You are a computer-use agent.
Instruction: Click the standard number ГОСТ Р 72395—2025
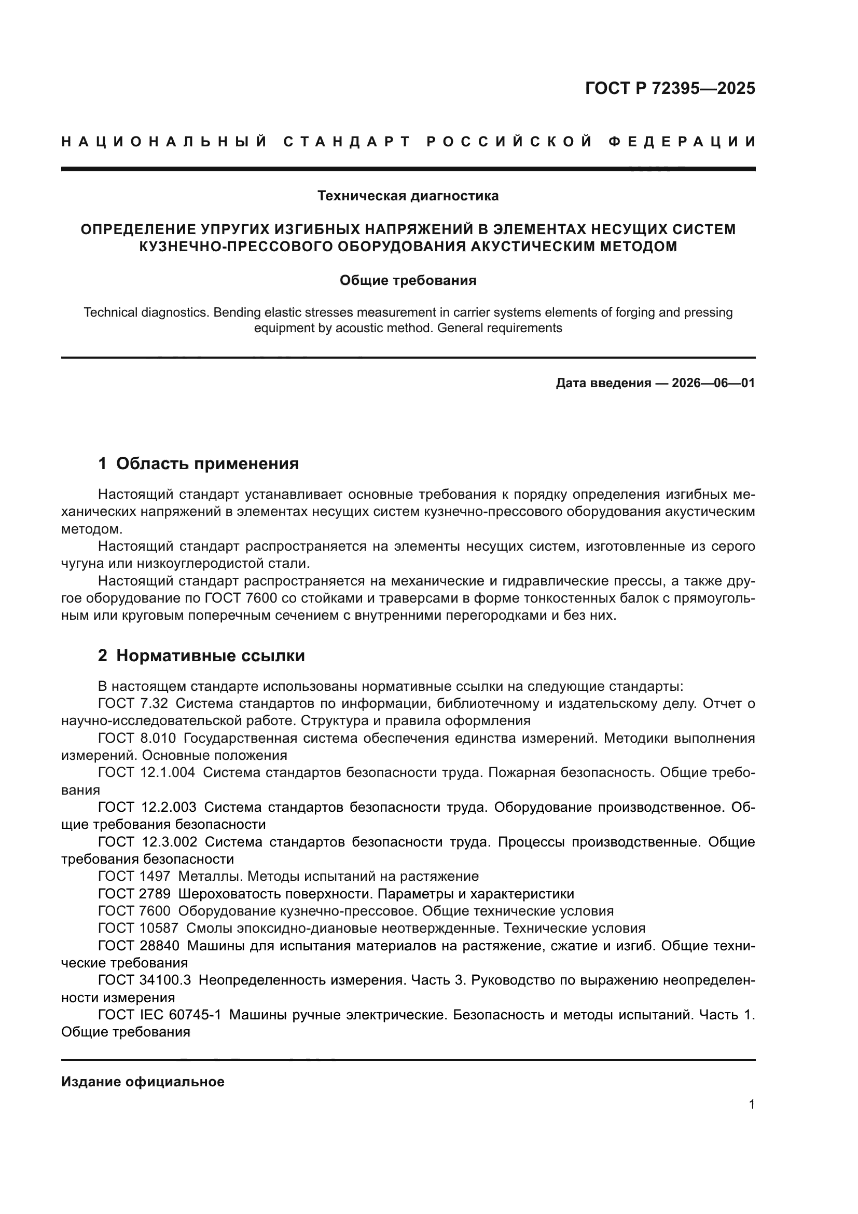(x=670, y=88)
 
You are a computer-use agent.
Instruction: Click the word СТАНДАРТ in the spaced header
(x=347, y=142)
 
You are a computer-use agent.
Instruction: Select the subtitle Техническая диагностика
(x=408, y=196)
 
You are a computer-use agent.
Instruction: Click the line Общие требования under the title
(x=408, y=280)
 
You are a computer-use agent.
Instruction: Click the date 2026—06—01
(x=713, y=383)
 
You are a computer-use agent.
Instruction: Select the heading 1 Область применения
(x=198, y=463)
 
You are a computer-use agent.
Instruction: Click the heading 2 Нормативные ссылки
(x=201, y=656)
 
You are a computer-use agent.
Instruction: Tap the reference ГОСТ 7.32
(x=133, y=704)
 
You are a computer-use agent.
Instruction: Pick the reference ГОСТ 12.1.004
(x=146, y=772)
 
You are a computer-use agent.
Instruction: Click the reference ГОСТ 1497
(x=134, y=876)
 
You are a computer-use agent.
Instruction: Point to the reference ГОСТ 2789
(x=134, y=894)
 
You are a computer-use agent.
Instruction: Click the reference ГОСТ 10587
(x=139, y=928)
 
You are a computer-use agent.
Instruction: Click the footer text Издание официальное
(x=143, y=1082)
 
